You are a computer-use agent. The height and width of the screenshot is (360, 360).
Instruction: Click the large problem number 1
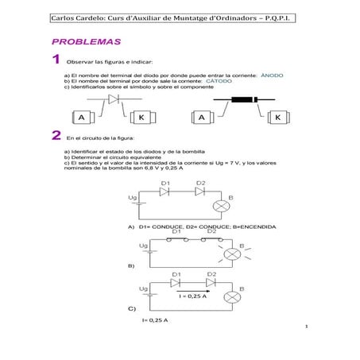56,60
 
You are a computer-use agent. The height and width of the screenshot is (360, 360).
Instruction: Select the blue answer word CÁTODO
219,81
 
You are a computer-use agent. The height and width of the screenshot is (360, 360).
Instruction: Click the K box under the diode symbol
143,118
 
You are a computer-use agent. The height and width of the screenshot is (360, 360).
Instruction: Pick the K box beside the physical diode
278,118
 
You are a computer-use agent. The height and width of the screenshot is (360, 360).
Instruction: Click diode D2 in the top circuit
200,192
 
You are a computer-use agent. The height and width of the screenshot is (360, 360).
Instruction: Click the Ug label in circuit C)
143,288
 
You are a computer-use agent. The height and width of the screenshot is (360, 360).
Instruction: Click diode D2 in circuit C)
211,282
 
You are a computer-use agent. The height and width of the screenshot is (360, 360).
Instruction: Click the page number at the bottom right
305,327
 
